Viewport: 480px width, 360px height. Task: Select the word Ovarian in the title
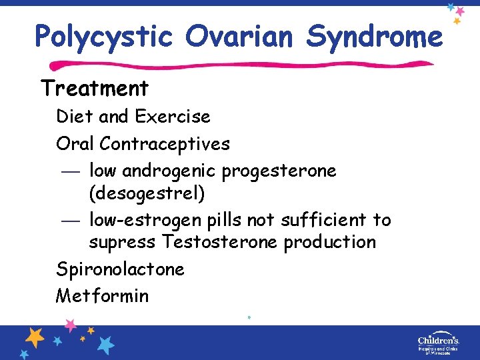click(x=239, y=36)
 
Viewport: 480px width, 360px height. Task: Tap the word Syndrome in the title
click(x=374, y=36)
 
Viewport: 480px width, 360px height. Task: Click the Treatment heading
click(x=95, y=88)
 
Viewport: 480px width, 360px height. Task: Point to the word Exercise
click(x=172, y=117)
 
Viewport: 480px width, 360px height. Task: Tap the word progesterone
click(x=279, y=171)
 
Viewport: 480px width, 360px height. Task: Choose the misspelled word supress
click(x=123, y=242)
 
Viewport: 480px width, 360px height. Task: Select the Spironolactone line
click(x=120, y=269)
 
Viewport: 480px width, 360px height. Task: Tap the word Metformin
click(x=102, y=295)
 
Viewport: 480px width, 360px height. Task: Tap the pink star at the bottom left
click(x=70, y=326)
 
